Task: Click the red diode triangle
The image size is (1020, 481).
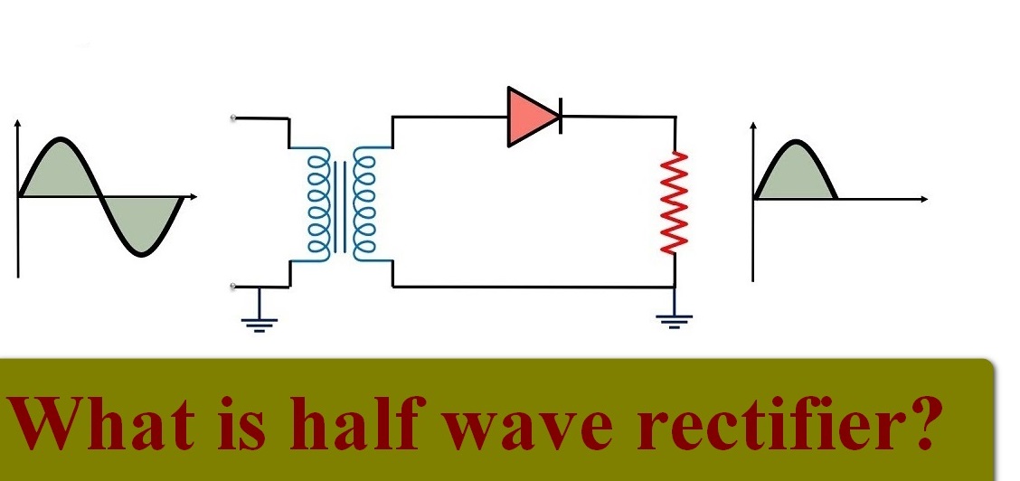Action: (x=530, y=117)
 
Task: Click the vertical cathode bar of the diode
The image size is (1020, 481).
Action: (x=560, y=117)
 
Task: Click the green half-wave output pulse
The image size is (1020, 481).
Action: (x=795, y=176)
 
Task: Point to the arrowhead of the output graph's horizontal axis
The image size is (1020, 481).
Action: (x=923, y=198)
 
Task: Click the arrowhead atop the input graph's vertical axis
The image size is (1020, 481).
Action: (x=16, y=122)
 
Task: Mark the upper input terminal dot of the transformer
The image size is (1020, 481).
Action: (x=234, y=118)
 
